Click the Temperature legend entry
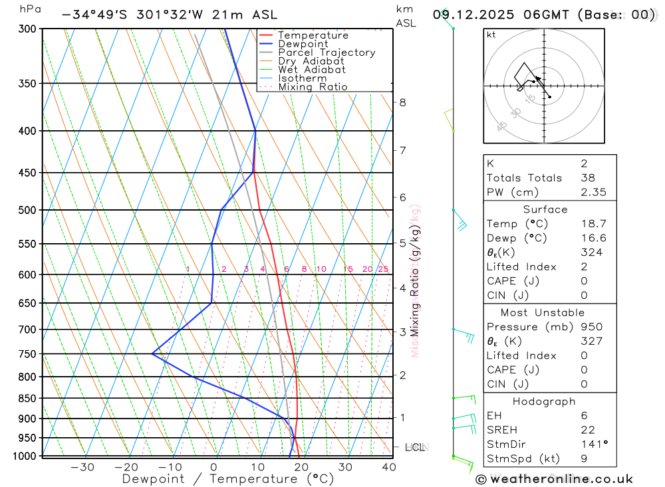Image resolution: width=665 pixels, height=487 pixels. coord(313,35)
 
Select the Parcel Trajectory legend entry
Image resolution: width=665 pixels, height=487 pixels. coord(326,52)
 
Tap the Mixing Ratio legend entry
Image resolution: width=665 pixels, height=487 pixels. coord(313,87)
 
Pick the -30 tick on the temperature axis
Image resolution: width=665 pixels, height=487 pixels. coord(82,467)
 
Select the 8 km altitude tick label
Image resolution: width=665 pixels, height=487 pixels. coord(402,102)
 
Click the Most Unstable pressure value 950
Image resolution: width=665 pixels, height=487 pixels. coord(592,327)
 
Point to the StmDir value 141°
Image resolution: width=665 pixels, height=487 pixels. coord(592,444)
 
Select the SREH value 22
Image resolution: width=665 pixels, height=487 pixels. coord(587,430)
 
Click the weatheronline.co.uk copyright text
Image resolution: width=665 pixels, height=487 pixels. coord(555,479)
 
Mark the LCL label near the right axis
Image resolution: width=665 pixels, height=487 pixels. coord(415,447)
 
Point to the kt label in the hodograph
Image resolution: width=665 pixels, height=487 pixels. coord(491,35)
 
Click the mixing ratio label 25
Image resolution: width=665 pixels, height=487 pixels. coord(383,269)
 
